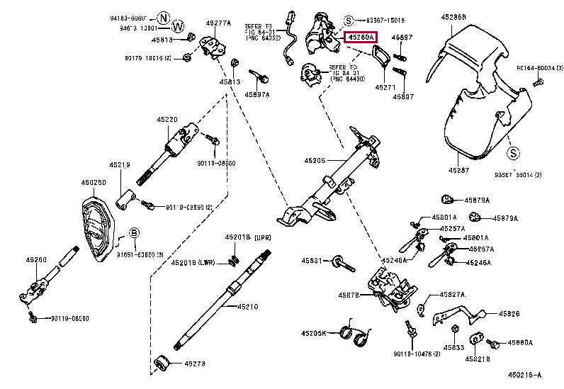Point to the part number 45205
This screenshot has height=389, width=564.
point(313,161)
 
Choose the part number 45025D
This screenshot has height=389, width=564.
point(93,182)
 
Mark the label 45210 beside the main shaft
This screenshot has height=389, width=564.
point(248,307)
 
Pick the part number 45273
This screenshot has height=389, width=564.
point(195,364)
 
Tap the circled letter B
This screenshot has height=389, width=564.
point(134,232)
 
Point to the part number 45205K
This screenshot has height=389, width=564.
point(313,333)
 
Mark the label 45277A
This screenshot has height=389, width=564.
point(218,23)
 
